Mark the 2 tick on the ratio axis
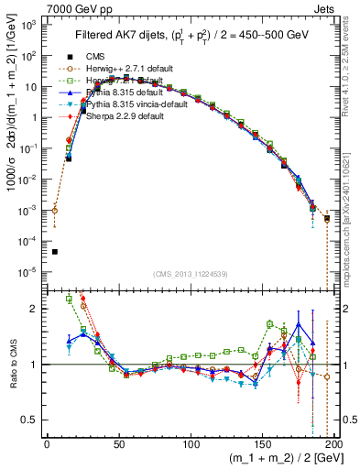click(x=37, y=309)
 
